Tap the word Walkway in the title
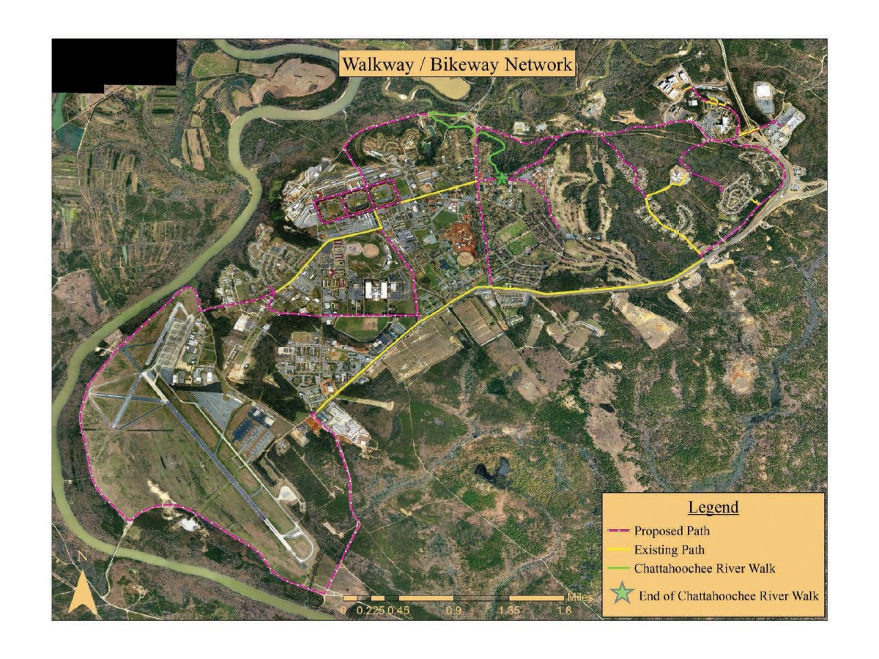click(377, 64)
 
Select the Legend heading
click(713, 507)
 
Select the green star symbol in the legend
click(624, 594)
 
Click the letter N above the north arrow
click(83, 556)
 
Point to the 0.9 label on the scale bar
click(453, 609)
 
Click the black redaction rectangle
click(114, 64)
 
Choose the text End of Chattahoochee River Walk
click(728, 595)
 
